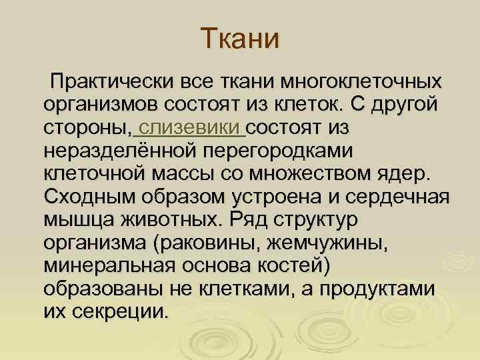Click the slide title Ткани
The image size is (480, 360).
pyautogui.click(x=240, y=39)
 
